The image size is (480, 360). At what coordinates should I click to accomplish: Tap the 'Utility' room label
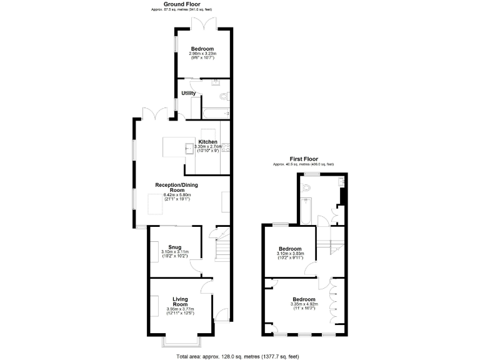[189, 93]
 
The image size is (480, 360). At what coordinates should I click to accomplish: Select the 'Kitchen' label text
[208, 142]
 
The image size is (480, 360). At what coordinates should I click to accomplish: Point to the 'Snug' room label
[174, 247]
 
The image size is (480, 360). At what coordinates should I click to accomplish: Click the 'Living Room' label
[180, 302]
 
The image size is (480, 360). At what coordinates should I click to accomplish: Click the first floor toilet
[307, 187]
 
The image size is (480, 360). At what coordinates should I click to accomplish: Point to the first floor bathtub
[306, 211]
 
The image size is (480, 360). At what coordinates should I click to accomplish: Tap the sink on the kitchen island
[190, 147]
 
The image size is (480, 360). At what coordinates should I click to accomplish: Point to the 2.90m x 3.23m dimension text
[202, 54]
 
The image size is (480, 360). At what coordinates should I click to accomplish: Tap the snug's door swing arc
[196, 267]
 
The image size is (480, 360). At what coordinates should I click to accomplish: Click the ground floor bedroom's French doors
[204, 24]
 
